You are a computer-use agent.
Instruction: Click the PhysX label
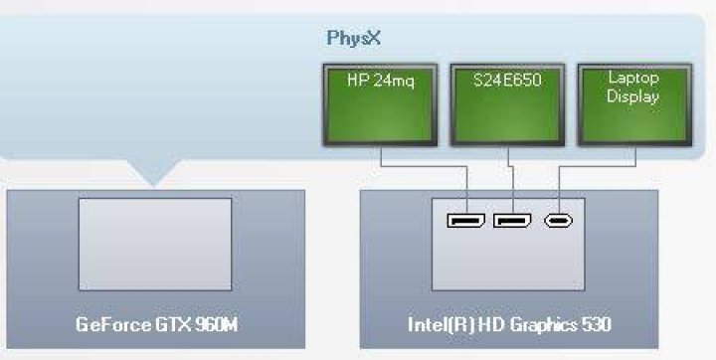pos(353,39)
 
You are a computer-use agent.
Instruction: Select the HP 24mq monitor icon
pos(380,104)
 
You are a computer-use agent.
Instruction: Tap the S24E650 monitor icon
pos(507,104)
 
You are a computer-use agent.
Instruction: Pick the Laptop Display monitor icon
pos(634,104)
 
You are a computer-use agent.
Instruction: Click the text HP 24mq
pos(380,81)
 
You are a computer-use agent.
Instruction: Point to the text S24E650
pos(507,81)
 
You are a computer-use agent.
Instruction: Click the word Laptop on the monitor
pos(633,79)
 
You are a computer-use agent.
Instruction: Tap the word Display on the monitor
pos(632,96)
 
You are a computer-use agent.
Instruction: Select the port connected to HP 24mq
pos(466,221)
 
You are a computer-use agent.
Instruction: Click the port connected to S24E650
pos(512,221)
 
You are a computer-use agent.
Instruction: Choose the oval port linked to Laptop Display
pos(559,221)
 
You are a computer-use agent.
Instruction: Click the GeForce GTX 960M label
pos(156,325)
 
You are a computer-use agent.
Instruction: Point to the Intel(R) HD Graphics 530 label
pos(509,325)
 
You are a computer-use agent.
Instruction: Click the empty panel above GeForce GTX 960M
pos(155,244)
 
